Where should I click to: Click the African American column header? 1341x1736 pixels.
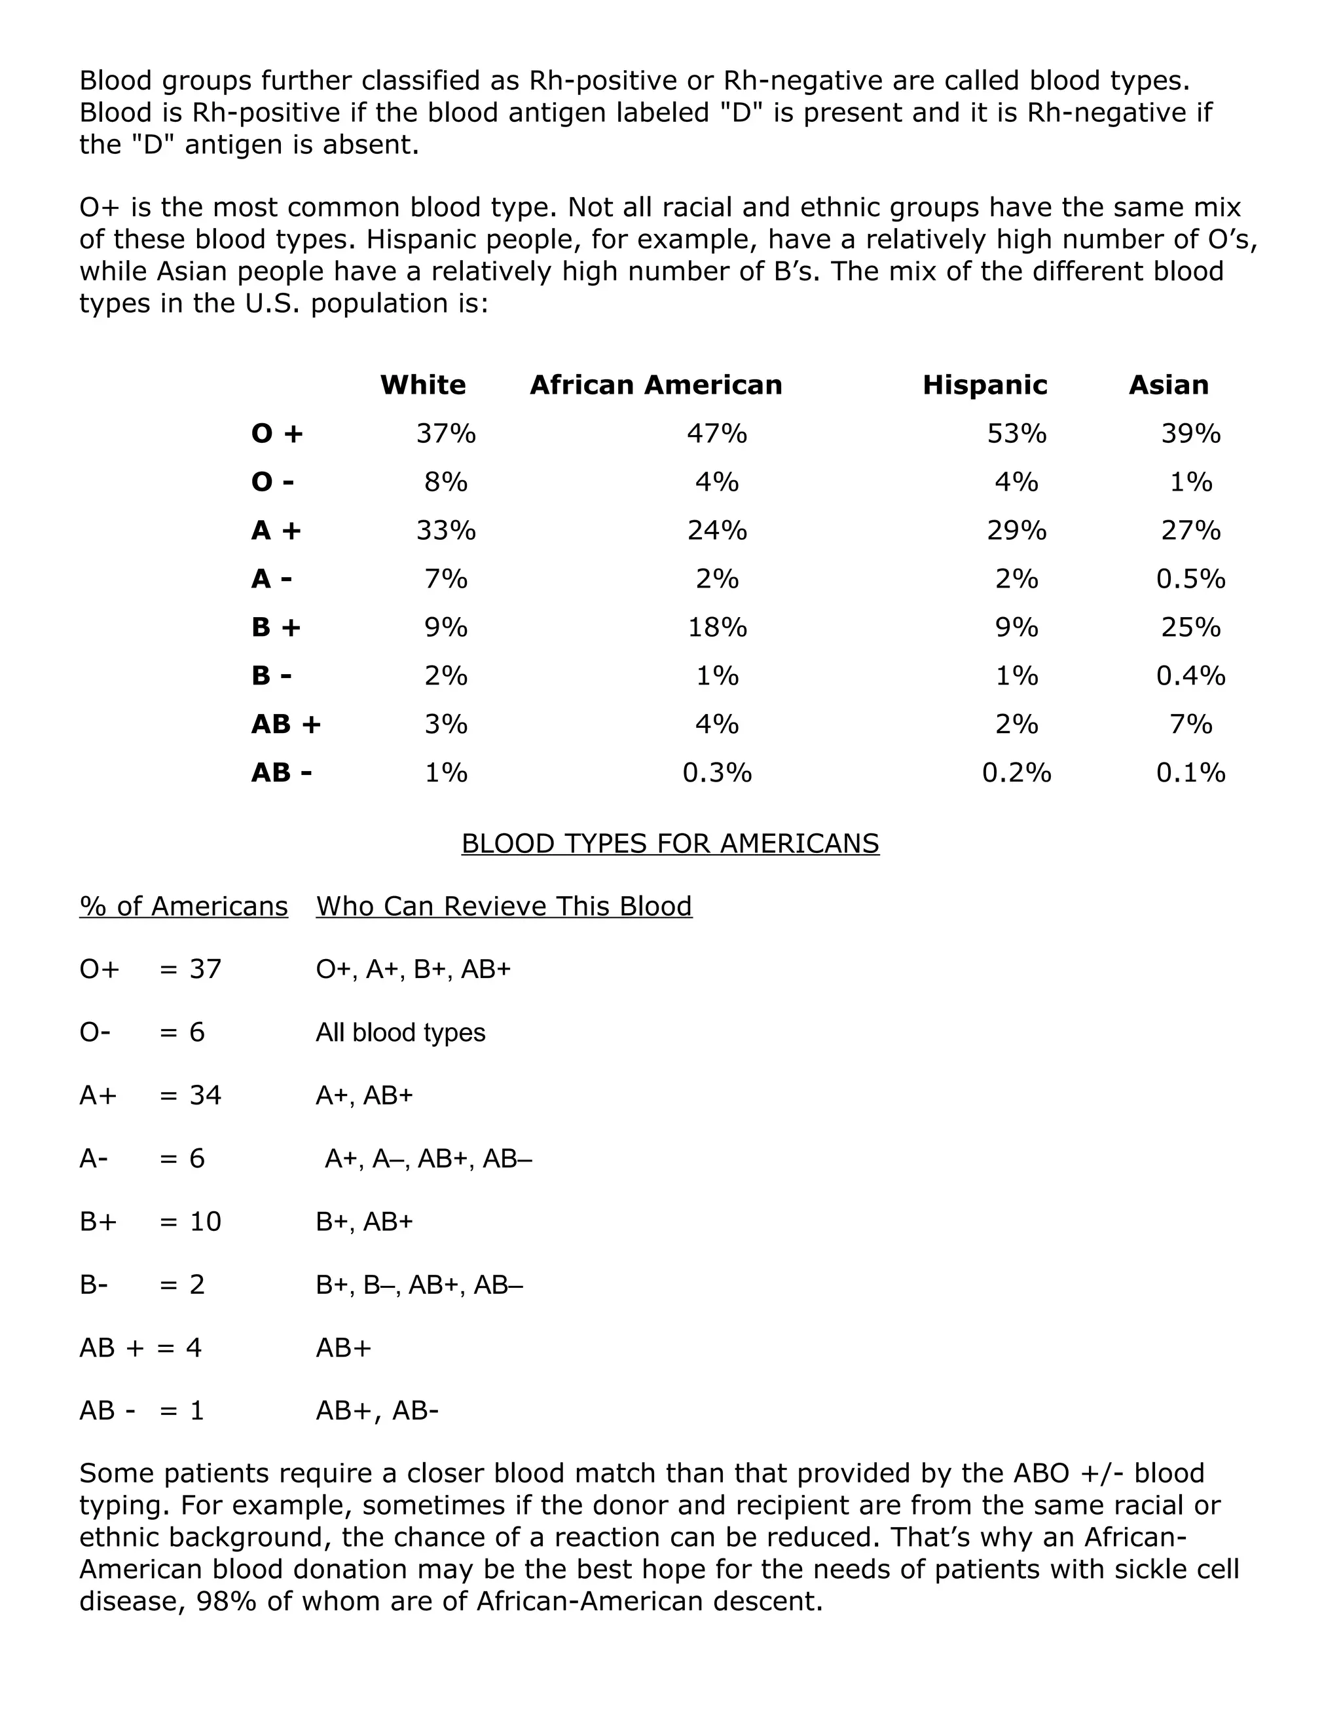pos(655,385)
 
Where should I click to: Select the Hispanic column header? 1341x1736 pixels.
pos(984,385)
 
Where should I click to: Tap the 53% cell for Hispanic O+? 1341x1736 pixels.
pos(1016,433)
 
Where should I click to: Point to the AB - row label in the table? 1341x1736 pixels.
pos(281,772)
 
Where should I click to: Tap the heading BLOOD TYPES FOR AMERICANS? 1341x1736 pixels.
pos(670,842)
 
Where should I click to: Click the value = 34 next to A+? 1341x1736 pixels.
pos(191,1095)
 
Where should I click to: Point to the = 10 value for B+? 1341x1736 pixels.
pos(191,1221)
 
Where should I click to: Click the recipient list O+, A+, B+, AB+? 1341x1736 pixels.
pos(413,969)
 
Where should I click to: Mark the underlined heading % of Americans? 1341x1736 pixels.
pos(183,906)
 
